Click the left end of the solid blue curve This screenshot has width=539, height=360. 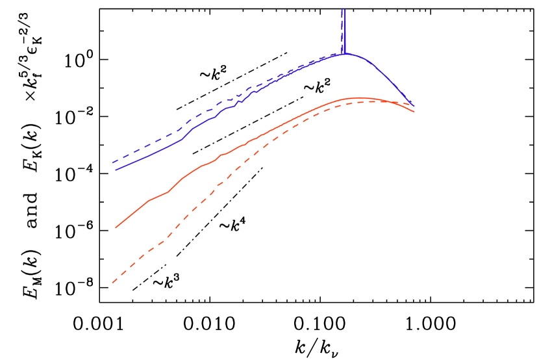click(x=116, y=170)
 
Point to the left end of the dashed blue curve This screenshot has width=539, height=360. click(x=112, y=162)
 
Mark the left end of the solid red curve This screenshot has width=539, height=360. click(x=116, y=228)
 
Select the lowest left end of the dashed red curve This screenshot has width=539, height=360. click(x=112, y=283)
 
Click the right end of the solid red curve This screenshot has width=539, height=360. click(x=414, y=112)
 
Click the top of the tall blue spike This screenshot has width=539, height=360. click(x=344, y=9)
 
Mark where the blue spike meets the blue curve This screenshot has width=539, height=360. click(x=344, y=54)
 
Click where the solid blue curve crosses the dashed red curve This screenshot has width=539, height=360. click(x=409, y=103)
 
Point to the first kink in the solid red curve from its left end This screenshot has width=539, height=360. click(x=149, y=201)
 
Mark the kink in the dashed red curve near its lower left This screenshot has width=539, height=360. click(x=166, y=238)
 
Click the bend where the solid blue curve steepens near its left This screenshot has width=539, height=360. click(x=185, y=137)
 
